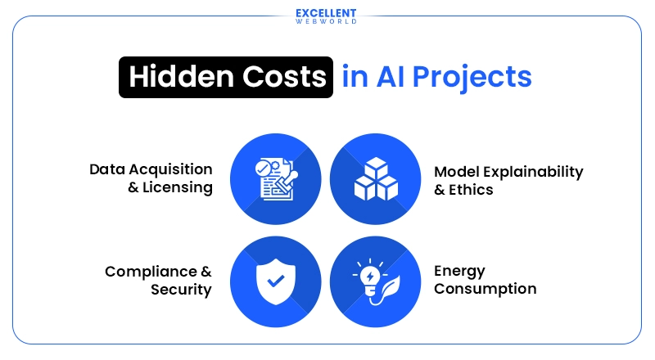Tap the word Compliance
[152, 272]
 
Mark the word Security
[181, 290]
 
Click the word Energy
[459, 272]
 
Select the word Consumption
[485, 289]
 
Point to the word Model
[454, 172]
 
